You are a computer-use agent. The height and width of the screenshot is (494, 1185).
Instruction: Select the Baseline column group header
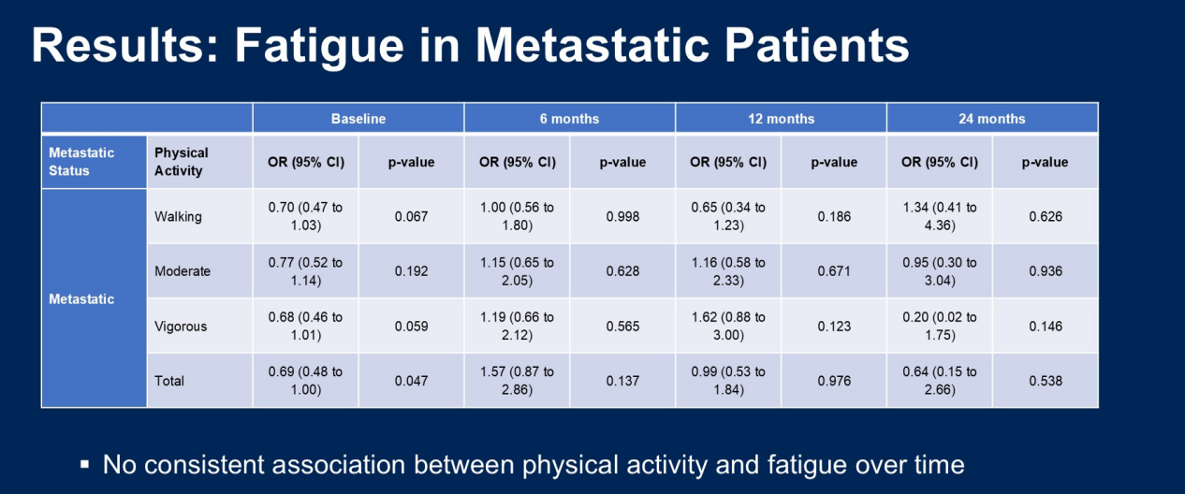358,119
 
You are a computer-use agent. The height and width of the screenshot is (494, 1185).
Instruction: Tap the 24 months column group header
991,119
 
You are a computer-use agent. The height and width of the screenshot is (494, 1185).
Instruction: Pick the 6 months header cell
569,119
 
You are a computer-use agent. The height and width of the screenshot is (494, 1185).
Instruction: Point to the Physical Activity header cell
182,162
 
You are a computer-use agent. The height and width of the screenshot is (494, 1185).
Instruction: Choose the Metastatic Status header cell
81,162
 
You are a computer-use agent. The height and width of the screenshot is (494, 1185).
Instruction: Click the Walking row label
178,217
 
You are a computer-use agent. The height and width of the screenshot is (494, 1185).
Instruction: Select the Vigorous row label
181,327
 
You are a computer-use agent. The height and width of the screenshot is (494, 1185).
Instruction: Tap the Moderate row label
183,271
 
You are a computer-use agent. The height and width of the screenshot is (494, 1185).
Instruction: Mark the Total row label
169,381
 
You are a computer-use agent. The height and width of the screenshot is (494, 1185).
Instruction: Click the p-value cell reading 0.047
411,381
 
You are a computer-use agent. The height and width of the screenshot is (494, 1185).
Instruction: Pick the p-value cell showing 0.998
622,217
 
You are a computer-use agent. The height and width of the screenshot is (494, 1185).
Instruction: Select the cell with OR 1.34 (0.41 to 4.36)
939,217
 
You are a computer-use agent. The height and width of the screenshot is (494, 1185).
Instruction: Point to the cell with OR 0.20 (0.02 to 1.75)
939,327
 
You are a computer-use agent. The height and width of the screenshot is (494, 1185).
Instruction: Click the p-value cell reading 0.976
833,381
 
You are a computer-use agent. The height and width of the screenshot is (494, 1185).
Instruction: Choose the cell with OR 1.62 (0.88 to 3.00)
727,327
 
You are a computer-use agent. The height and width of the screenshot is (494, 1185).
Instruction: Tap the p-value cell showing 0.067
411,217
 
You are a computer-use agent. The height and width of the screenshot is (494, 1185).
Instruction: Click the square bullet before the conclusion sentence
84,464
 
